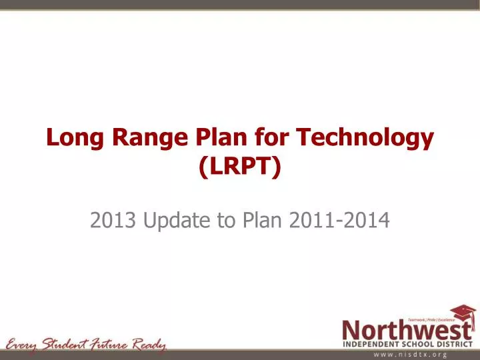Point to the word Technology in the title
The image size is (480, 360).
pos(365,138)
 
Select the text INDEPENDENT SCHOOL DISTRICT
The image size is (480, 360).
pos(408,345)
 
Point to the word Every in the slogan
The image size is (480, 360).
pos(23,345)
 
